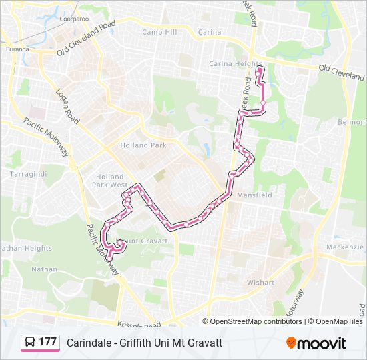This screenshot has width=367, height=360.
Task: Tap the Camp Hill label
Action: [x=159, y=32]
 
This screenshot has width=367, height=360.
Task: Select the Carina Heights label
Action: [x=236, y=64]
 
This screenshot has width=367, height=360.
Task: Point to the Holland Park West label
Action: [x=109, y=181]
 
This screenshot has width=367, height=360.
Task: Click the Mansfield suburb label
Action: [x=254, y=195]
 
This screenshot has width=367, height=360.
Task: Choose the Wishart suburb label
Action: [x=260, y=283]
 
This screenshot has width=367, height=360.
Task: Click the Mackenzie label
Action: [x=344, y=247]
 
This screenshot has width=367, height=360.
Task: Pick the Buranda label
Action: [x=17, y=49]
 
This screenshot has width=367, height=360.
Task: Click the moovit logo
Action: [x=316, y=343]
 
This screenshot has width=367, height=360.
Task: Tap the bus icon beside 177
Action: [x=30, y=343]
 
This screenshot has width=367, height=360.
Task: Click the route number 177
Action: [x=47, y=342]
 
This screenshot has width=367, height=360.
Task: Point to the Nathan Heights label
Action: [x=26, y=249]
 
